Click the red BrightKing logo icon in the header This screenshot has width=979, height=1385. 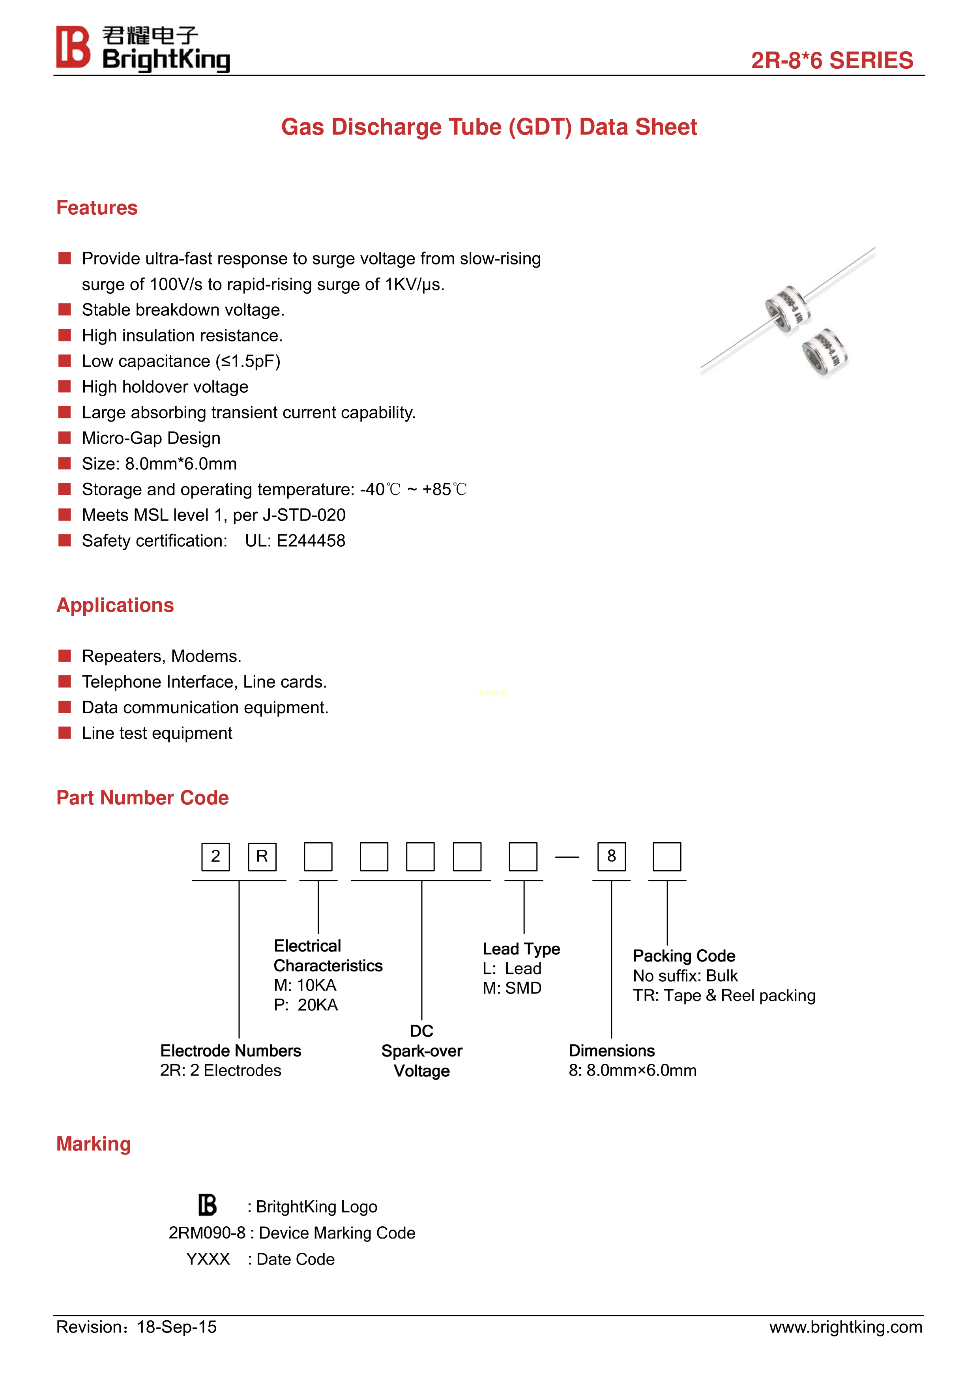click(x=73, y=47)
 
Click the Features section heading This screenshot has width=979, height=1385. click(x=97, y=208)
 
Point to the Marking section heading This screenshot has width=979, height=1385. click(x=94, y=1144)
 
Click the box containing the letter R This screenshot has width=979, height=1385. click(x=262, y=856)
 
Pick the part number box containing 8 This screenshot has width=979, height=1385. click(x=611, y=856)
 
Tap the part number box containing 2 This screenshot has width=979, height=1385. click(x=215, y=856)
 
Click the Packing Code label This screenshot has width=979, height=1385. click(x=683, y=956)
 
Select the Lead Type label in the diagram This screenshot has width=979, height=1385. click(x=521, y=949)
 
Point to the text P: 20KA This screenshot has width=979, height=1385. click(x=306, y=1005)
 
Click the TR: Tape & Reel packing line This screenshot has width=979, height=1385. click(x=724, y=995)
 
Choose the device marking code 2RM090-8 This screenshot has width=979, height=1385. click(x=207, y=1233)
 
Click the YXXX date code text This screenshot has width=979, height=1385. click(x=208, y=1259)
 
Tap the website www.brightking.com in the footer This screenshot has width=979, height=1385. click(x=845, y=1327)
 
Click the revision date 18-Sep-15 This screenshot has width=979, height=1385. click(x=177, y=1327)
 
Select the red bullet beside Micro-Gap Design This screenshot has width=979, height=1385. click(x=65, y=438)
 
